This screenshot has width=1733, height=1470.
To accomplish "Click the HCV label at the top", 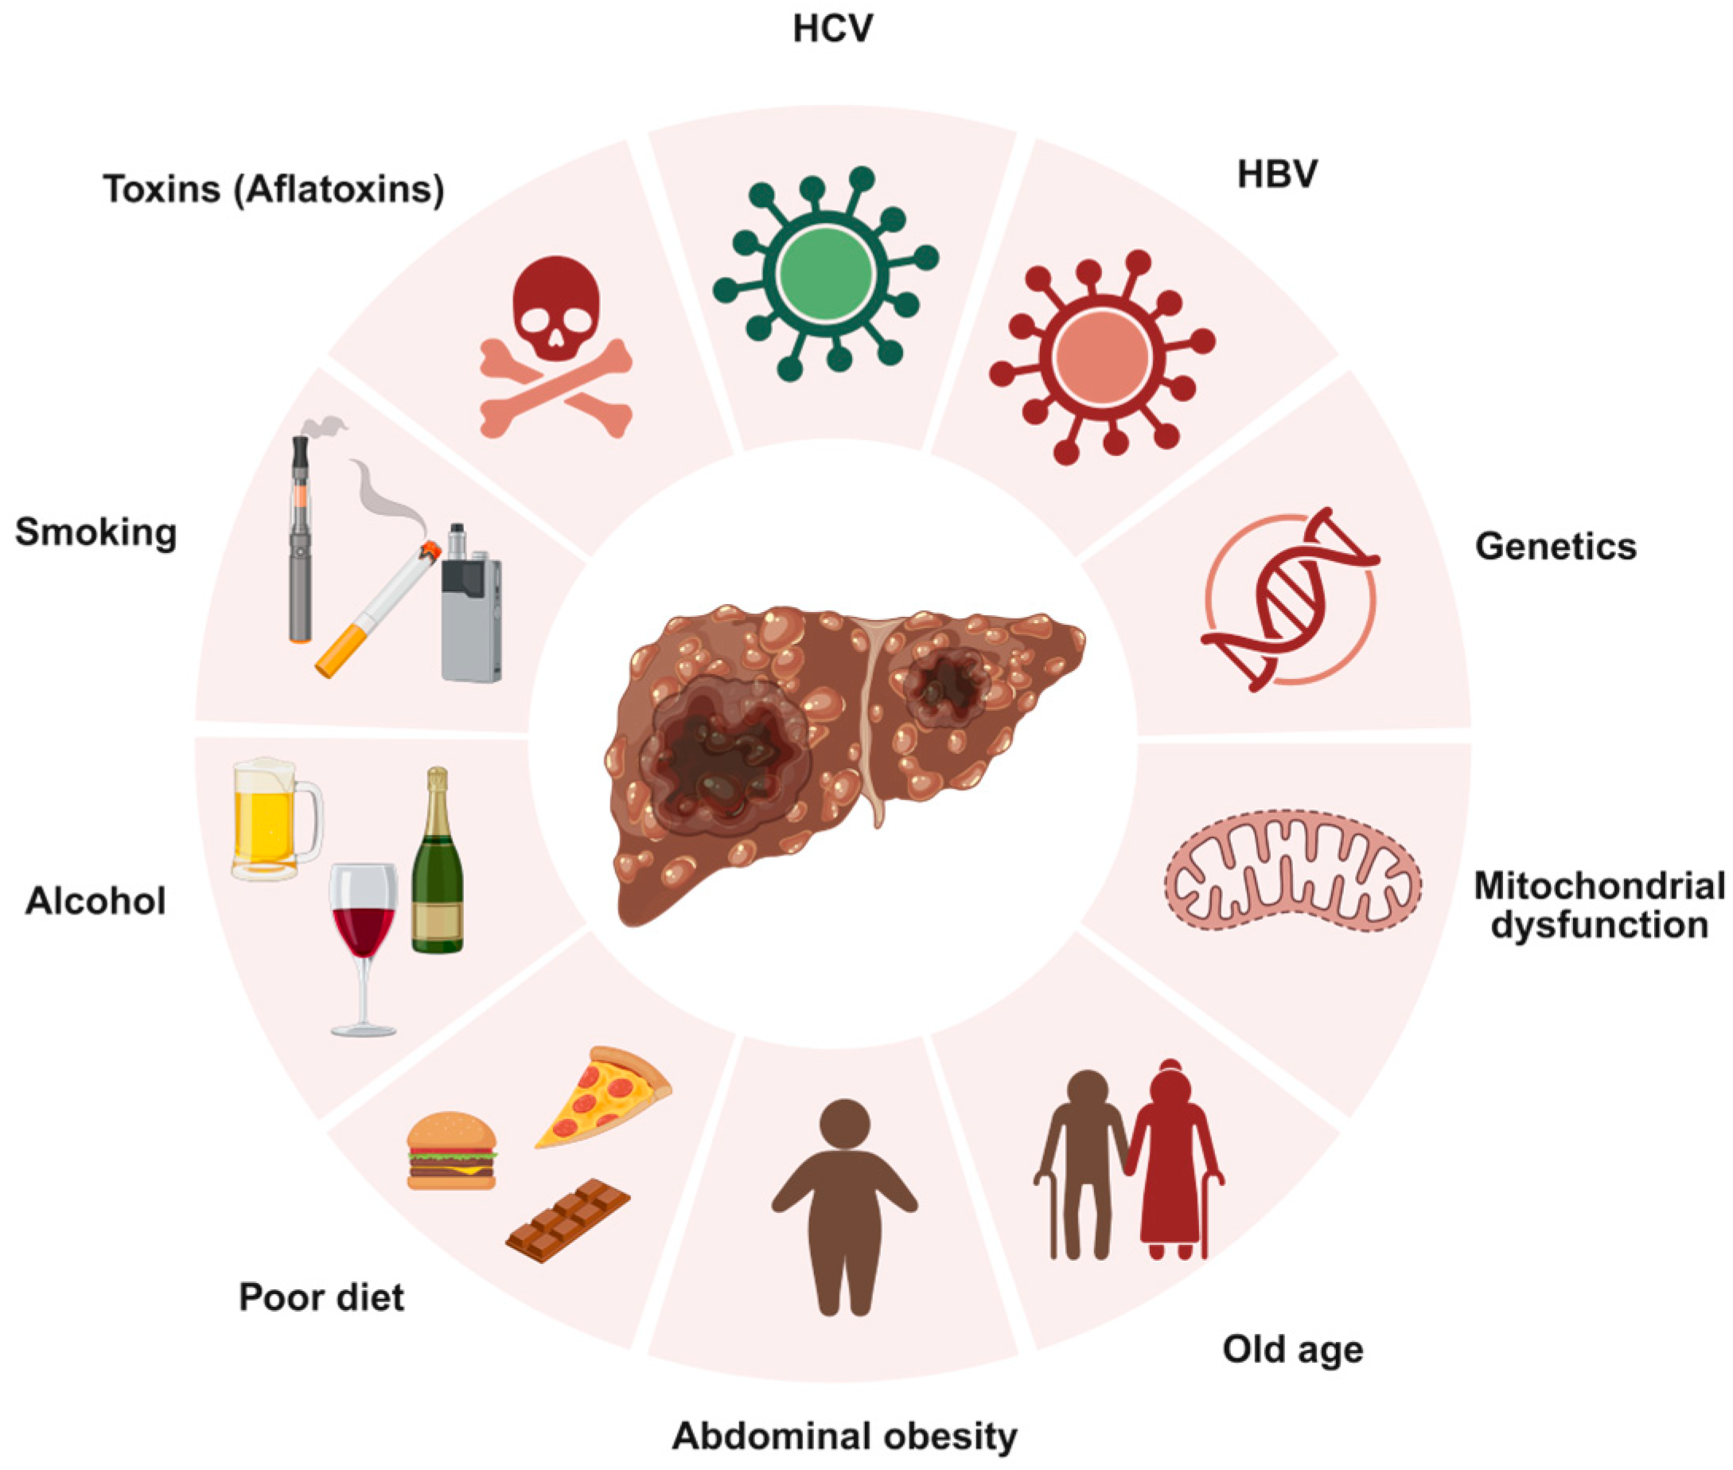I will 832,29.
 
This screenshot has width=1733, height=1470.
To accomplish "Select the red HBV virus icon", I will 1102,357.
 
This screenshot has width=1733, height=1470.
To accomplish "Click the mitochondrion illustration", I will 1292,870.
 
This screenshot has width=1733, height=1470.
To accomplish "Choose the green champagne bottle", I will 438,867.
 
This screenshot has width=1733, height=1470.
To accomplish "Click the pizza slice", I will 604,1096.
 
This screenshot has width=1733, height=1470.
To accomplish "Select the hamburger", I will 450,1150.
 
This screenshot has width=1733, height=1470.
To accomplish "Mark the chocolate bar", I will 567,1220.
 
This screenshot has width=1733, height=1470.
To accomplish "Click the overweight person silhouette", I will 845,1208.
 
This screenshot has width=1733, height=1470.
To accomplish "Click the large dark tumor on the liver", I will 721,754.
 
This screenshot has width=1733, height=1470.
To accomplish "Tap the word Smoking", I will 95,532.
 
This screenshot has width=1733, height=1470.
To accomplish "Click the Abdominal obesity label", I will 844,1436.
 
